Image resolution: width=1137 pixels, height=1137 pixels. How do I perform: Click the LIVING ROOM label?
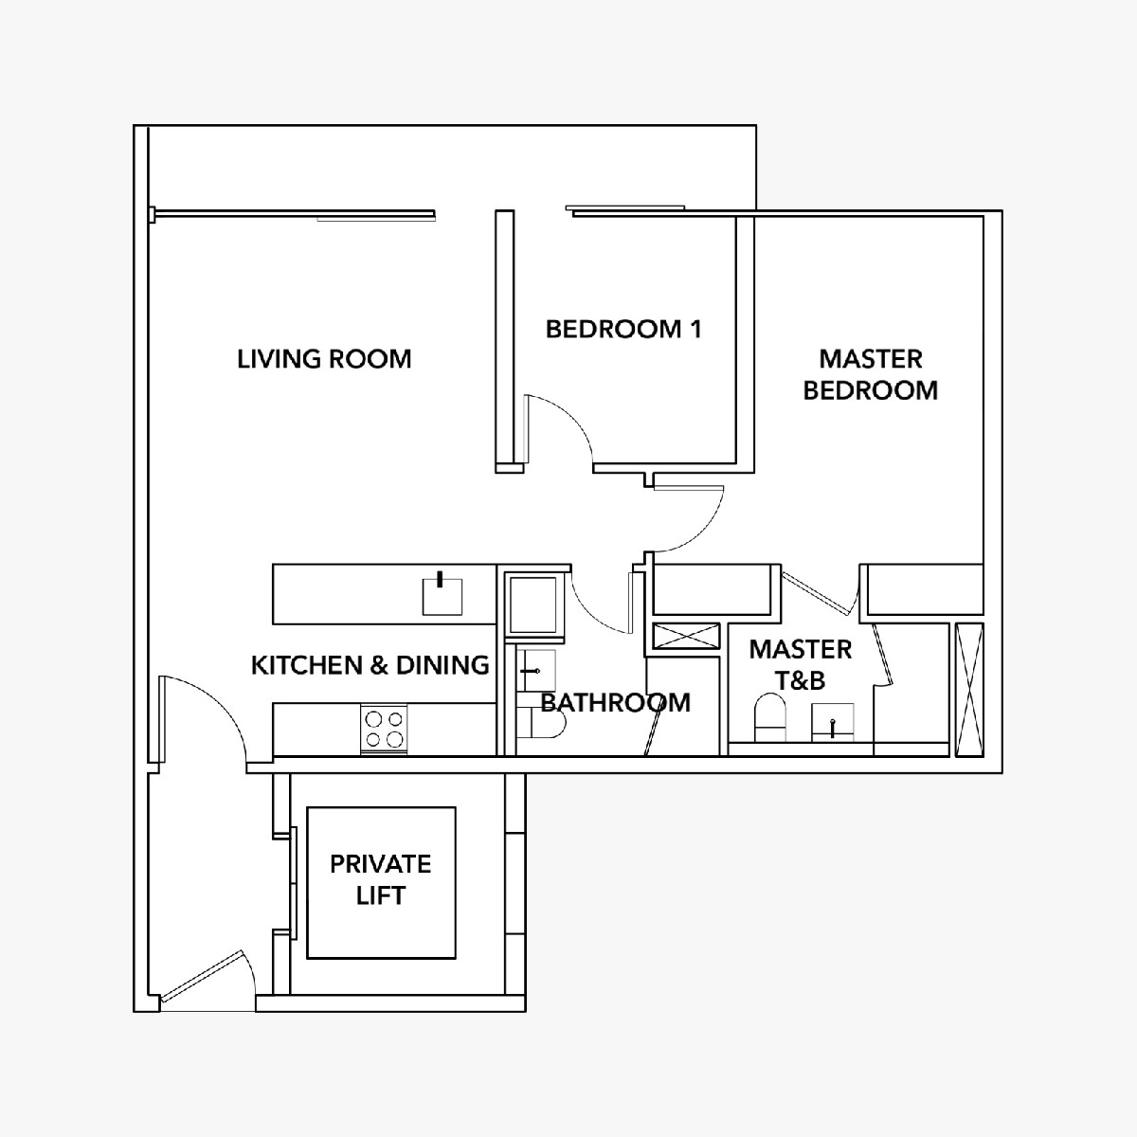pyautogui.click(x=324, y=359)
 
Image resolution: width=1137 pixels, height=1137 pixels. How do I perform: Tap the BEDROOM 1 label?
pyautogui.click(x=623, y=329)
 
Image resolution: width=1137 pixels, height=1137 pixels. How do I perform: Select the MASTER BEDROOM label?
pyautogui.click(x=871, y=374)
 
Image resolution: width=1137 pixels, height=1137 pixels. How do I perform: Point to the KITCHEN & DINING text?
pyautogui.click(x=370, y=665)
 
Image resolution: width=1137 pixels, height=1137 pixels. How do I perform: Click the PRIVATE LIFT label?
pyautogui.click(x=381, y=879)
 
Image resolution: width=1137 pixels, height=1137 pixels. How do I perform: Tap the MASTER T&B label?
pyautogui.click(x=801, y=665)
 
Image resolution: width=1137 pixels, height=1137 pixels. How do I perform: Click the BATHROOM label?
pyautogui.click(x=616, y=703)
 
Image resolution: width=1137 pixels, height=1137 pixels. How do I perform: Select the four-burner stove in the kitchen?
pyautogui.click(x=384, y=730)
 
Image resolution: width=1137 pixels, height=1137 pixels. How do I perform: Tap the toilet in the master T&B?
pyautogui.click(x=770, y=717)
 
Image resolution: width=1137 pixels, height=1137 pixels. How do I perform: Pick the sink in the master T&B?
pyautogui.click(x=832, y=722)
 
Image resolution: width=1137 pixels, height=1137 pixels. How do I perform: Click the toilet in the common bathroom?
pyautogui.click(x=542, y=723)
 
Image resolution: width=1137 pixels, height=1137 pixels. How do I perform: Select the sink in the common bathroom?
pyautogui.click(x=536, y=671)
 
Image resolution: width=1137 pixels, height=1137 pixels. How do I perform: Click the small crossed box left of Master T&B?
pyautogui.click(x=686, y=636)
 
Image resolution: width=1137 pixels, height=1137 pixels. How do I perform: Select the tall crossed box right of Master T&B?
pyautogui.click(x=969, y=689)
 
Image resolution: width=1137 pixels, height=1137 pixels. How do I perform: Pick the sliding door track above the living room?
pyautogui.click(x=293, y=213)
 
